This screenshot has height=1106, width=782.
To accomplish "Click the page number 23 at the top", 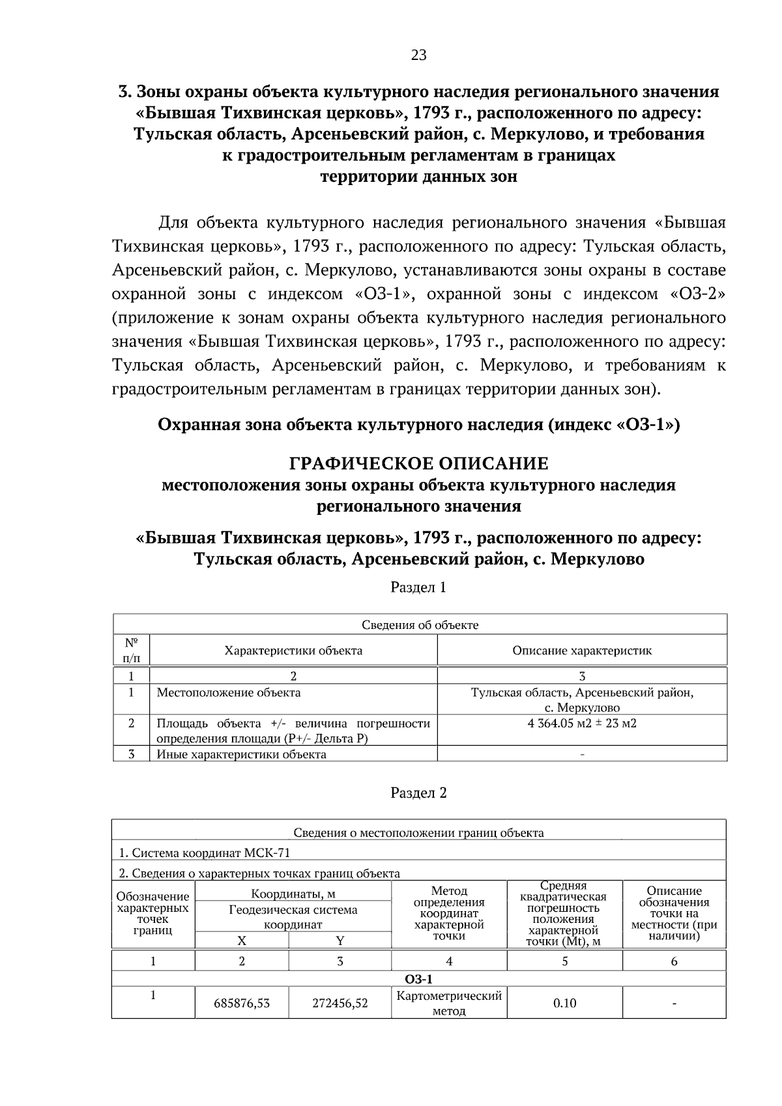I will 418,55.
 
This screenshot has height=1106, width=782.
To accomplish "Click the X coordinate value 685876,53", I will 242,1004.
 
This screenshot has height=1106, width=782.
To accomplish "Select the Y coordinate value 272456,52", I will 340,1004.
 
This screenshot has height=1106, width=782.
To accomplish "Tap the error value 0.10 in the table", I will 564,1003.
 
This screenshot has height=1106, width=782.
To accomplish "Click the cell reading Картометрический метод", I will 449,1004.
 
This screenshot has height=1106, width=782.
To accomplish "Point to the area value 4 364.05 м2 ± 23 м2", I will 581,723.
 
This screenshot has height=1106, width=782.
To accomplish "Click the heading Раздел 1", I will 418,587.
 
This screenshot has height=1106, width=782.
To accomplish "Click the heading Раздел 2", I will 418,793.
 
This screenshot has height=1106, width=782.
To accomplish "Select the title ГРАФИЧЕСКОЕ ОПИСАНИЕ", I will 418,464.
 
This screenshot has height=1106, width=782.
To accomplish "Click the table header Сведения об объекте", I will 420,625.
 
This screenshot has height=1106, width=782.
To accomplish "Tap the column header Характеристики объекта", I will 293,650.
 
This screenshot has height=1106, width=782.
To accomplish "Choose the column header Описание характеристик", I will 581,650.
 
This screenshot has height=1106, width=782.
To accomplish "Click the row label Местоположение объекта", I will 229,692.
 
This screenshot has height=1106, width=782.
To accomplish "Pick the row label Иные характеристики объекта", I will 241,755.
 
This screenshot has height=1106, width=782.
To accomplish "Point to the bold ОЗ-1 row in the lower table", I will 418,980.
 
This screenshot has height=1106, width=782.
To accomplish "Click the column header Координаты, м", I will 293,894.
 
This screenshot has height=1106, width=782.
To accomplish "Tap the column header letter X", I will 242,940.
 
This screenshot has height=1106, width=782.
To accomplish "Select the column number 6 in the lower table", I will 674,961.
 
